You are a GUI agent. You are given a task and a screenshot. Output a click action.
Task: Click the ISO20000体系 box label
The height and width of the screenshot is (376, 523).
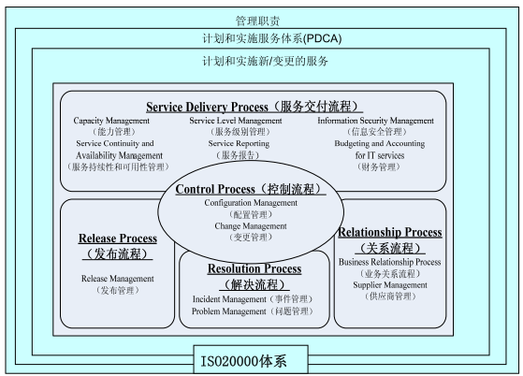tap(243, 361)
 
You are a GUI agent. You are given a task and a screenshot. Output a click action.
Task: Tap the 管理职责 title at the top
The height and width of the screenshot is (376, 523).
tap(257, 21)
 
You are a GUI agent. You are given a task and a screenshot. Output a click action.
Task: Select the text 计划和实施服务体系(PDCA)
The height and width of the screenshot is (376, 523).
tap(272, 38)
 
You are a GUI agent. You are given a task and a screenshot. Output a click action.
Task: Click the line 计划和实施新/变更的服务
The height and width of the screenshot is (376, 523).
tap(265, 61)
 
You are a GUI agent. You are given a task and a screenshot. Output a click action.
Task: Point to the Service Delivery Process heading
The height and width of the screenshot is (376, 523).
tap(207, 107)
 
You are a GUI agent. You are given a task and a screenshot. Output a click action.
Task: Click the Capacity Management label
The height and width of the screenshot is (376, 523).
tap(111, 121)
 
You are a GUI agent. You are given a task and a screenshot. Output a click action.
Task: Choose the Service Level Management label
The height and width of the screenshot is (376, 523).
tap(236, 121)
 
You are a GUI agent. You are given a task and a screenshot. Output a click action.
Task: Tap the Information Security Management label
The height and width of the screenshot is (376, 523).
tap(375, 121)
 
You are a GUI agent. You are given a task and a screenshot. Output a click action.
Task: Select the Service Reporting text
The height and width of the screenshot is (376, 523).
tap(239, 144)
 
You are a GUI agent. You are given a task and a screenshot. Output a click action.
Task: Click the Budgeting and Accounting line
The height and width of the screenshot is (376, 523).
tap(380, 144)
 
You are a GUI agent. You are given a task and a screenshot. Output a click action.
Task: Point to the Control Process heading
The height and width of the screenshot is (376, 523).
tap(215, 189)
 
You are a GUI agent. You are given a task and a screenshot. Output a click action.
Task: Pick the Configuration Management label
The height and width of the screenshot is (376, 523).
tap(251, 203)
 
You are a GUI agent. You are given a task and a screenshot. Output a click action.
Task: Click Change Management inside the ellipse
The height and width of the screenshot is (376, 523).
tap(251, 226)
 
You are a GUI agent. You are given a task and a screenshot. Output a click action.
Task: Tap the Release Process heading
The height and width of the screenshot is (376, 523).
tap(118, 239)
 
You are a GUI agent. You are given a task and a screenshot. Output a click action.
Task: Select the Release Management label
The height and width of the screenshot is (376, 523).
tap(117, 279)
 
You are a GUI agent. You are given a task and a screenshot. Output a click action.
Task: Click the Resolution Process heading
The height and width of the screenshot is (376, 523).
tap(254, 268)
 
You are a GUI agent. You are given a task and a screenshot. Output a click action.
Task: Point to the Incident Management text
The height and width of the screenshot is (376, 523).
tap(229, 299)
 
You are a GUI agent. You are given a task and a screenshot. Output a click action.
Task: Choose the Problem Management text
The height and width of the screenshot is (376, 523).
tap(229, 311)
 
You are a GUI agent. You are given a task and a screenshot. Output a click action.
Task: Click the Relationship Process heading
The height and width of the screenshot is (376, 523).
tap(390, 232)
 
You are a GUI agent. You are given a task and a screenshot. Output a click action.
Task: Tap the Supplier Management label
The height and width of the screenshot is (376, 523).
tap(390, 285)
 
